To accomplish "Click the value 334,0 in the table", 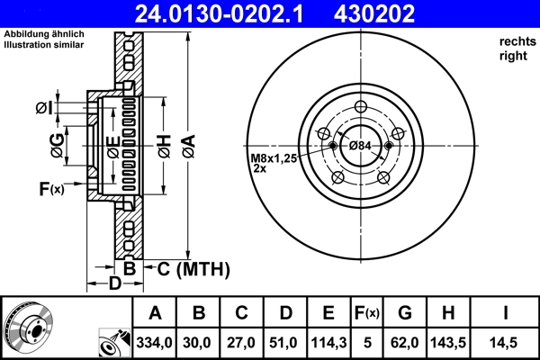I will tap(155, 344).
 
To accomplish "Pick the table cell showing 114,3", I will tap(328, 344).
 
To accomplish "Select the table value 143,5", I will tap(449, 344).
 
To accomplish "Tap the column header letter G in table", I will tap(404, 313).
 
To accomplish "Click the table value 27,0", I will tap(241, 344).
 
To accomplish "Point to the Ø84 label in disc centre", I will tap(360, 146).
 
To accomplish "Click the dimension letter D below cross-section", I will tap(114, 285).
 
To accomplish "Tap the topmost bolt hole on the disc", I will tap(361, 108).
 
